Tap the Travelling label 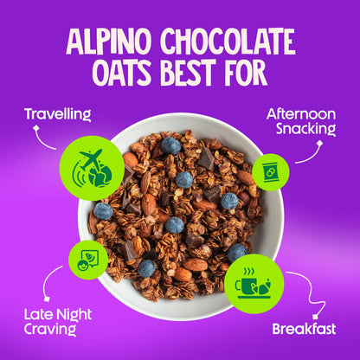pos(58,113)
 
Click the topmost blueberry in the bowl pos(170,145)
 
